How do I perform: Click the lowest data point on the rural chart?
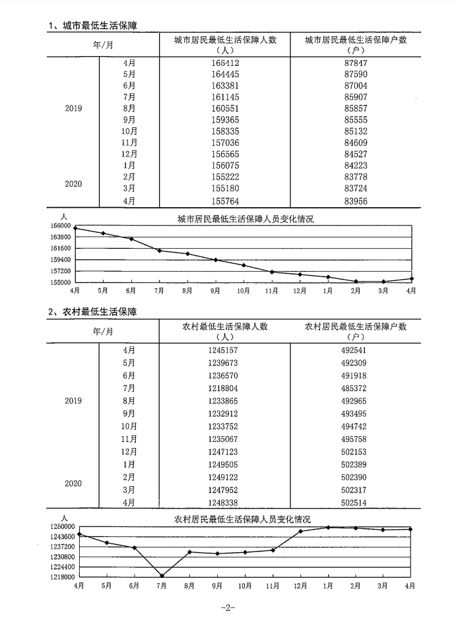[162, 576]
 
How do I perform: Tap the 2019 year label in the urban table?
[73, 108]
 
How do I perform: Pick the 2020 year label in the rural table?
[73, 484]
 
